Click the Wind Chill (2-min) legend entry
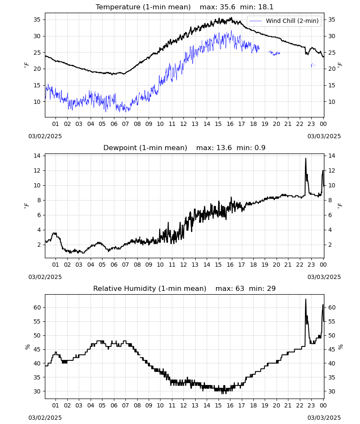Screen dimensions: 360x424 pos(284,21)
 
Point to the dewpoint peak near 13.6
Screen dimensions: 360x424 pos(306,159)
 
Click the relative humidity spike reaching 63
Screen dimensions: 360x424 pos(306,299)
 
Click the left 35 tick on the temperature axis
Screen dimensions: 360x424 pos(37,20)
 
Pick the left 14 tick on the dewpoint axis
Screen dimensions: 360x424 pos(37,156)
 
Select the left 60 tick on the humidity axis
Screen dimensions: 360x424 pos(37,307)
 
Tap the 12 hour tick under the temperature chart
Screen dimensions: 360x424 pos(184,124)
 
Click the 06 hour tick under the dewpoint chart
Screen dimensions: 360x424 pos(114,265)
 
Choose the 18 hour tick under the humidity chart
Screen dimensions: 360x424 pos(253,406)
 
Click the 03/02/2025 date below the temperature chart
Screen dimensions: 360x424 pos(45,136)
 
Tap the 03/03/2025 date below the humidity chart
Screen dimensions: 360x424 pos(324,418)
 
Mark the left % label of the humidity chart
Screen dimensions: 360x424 pos(27,347)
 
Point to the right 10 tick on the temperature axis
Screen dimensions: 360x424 pos(332,102)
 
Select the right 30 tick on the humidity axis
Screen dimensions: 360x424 pos(332,391)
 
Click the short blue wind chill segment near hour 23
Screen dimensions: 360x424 pos(313,65)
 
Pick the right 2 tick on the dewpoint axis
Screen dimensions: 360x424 pos(330,245)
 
